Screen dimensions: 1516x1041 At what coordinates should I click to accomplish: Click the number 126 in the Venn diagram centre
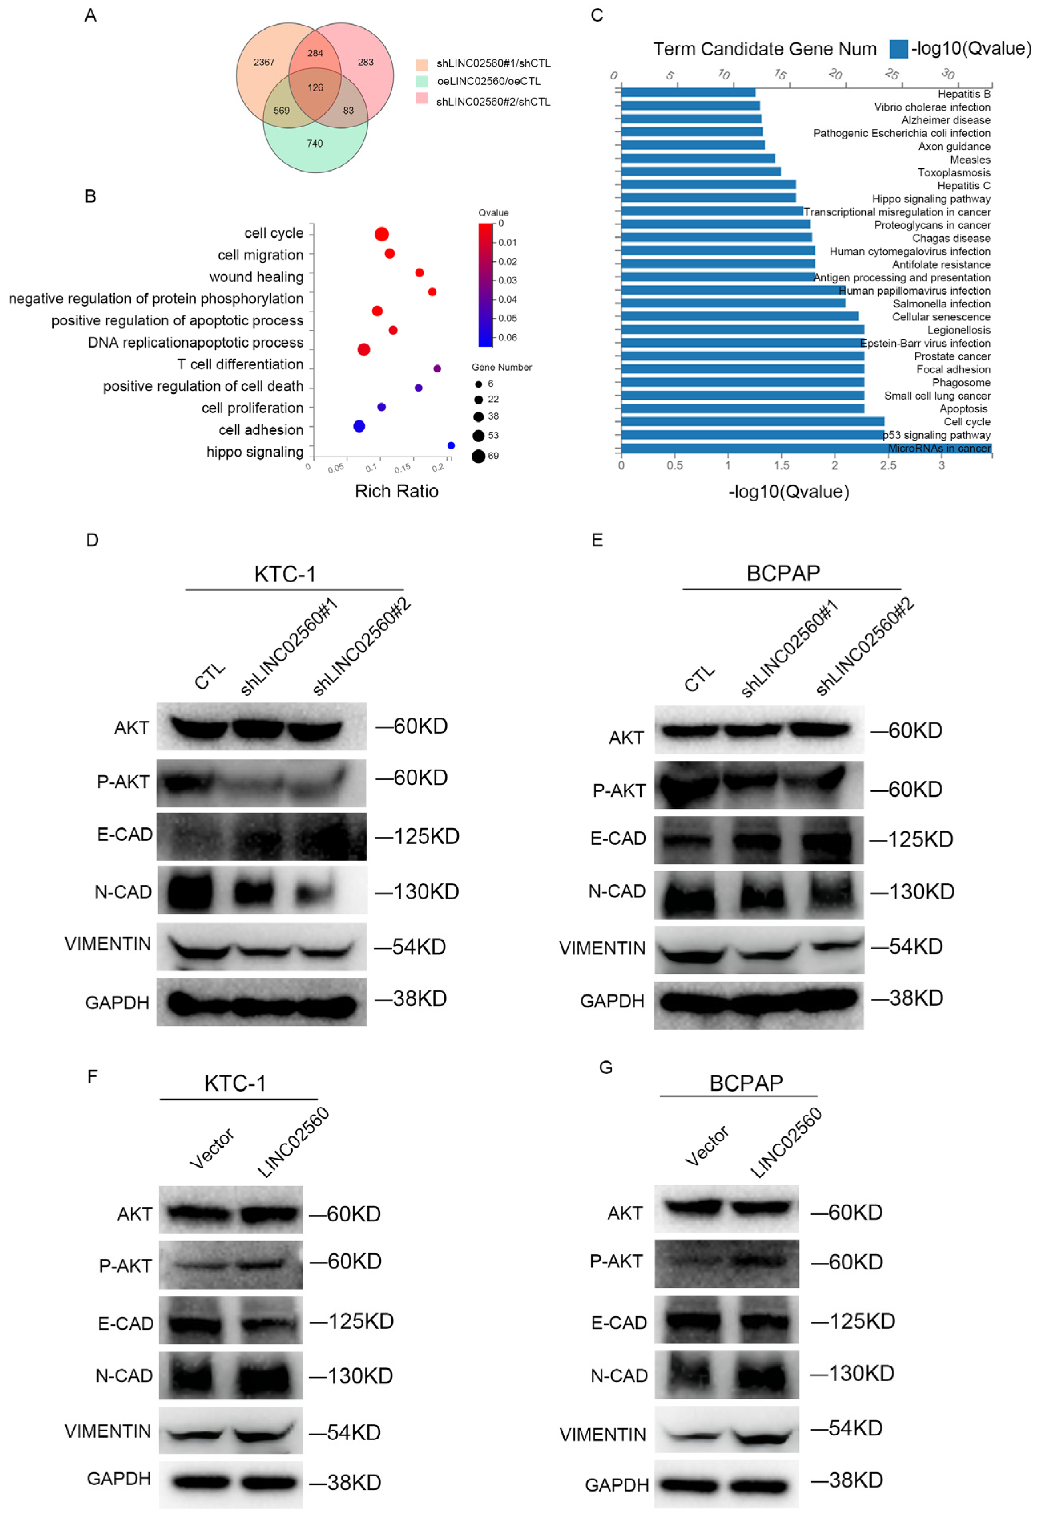point(315,87)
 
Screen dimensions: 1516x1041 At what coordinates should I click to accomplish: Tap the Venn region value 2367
point(264,62)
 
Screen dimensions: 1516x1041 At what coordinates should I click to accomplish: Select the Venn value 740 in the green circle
point(315,144)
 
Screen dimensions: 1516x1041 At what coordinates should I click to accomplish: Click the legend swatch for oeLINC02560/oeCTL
point(422,81)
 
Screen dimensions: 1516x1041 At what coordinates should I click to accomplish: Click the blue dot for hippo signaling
point(451,445)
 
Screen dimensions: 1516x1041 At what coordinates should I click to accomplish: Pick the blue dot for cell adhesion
point(359,427)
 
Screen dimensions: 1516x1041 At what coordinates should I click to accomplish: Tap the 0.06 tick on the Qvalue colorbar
point(507,337)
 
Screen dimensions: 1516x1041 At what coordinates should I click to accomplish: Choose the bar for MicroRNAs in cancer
point(806,448)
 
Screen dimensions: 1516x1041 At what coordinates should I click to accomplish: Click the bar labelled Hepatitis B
point(688,93)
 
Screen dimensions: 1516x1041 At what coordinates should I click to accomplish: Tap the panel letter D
point(92,540)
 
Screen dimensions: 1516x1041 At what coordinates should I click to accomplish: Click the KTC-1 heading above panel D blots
point(285,574)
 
